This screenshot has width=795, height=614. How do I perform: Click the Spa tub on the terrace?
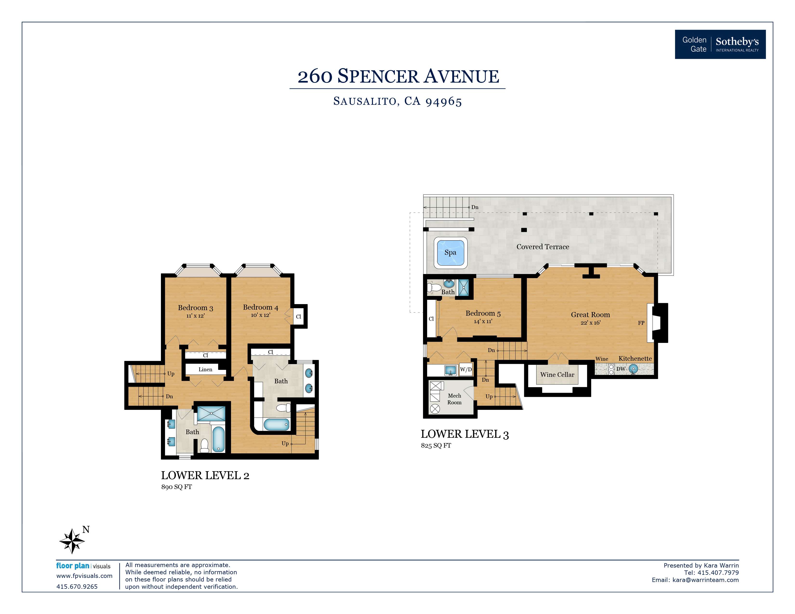[x=450, y=252]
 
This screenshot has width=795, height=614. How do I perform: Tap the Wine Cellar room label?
[x=557, y=375]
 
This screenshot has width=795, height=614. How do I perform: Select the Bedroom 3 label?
[x=195, y=308]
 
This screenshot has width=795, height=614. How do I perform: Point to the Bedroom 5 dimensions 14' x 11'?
[x=483, y=321]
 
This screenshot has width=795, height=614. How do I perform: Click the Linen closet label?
[x=205, y=369]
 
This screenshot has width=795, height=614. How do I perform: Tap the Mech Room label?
[x=454, y=399]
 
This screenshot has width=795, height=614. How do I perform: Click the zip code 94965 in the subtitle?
[x=444, y=101]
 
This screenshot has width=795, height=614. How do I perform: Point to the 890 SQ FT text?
[x=177, y=487]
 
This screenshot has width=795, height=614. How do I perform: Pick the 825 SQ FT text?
[x=436, y=446]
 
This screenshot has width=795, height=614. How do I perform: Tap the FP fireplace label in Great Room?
[x=641, y=323]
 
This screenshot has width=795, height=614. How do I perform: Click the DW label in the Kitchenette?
[x=621, y=369]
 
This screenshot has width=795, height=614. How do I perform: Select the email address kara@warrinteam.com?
[x=705, y=580]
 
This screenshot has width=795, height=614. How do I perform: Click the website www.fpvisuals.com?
[x=85, y=576]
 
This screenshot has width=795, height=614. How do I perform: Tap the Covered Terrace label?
[x=543, y=247]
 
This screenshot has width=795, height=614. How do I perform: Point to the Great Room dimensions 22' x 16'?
[x=590, y=323]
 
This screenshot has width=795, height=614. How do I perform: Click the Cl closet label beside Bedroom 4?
[x=298, y=316]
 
